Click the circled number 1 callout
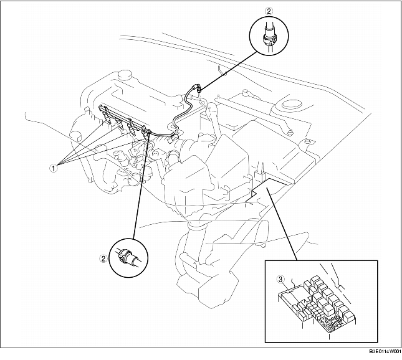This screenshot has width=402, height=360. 53,168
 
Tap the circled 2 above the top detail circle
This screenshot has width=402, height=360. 269,11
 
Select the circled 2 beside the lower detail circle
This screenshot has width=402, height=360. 103,259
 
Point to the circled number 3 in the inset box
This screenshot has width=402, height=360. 280,280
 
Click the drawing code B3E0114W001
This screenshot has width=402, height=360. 385,351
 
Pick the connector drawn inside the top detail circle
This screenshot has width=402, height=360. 269,37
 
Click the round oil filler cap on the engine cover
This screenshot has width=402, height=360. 125,75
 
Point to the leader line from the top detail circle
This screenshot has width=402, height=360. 229,70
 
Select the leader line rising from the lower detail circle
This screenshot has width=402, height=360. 141,184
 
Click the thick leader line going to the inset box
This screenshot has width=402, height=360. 282,224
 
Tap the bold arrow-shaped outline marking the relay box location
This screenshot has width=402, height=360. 268,190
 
